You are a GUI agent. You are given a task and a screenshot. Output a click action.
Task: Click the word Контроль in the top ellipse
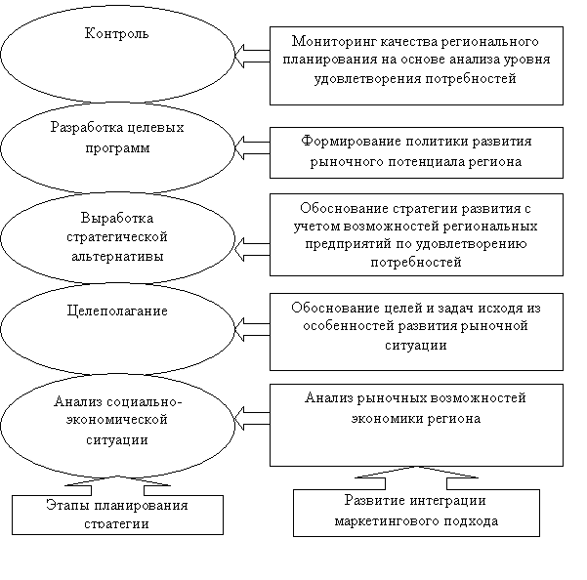pyautogui.click(x=117, y=33)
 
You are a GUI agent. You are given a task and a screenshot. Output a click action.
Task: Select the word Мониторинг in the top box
pyautogui.click(x=334, y=42)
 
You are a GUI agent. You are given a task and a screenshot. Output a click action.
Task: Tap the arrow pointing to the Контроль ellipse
pyautogui.click(x=252, y=56)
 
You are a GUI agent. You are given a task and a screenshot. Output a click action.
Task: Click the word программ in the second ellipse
pyautogui.click(x=117, y=148)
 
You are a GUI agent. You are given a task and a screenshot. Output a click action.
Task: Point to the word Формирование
pyautogui.click(x=351, y=142)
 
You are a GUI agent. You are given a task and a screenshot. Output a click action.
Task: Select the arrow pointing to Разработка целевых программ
pyautogui.click(x=252, y=147)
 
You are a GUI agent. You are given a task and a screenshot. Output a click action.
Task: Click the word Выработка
pyautogui.click(x=117, y=218)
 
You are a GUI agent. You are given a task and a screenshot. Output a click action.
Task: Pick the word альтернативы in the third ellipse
pyautogui.click(x=117, y=257)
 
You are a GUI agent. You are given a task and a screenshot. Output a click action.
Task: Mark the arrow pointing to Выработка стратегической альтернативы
pyautogui.click(x=252, y=249)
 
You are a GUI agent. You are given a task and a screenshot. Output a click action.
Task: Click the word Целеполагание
pyautogui.click(x=117, y=311)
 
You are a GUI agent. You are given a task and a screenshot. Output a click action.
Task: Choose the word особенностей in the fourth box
pyautogui.click(x=348, y=326)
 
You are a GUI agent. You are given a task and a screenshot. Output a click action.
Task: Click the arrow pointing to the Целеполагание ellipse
pyautogui.click(x=252, y=329)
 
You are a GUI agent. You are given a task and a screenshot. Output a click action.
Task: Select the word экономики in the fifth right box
pyautogui.click(x=387, y=418)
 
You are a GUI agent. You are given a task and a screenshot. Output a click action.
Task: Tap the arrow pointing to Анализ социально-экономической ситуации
pyautogui.click(x=252, y=418)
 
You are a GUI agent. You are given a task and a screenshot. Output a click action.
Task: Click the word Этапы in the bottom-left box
pyautogui.click(x=67, y=505)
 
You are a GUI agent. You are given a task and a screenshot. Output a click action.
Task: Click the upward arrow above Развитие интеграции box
pyautogui.click(x=416, y=477)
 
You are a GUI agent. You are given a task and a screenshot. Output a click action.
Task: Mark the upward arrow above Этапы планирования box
pyautogui.click(x=117, y=485)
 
